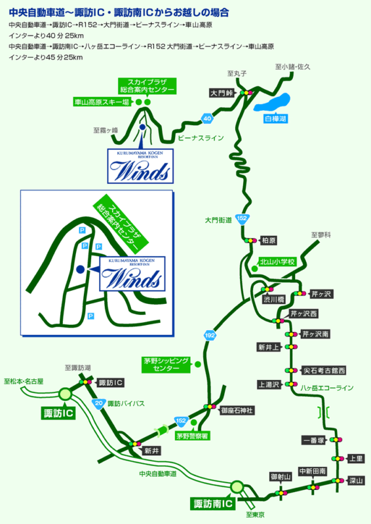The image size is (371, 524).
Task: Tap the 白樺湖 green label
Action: (x=275, y=119)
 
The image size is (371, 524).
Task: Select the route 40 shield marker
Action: (x=207, y=119)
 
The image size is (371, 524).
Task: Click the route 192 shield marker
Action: (x=210, y=335)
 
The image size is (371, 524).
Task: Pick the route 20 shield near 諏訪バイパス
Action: (x=98, y=403)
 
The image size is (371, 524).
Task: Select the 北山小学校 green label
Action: (x=275, y=261)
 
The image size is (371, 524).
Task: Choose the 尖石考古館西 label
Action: (x=323, y=370)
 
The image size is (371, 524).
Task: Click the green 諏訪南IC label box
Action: (x=214, y=504)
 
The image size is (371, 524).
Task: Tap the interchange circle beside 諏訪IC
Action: (x=66, y=394)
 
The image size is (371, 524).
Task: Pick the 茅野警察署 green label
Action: (x=192, y=434)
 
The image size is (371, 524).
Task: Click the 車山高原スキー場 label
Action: (x=101, y=102)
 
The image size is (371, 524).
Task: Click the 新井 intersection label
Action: (x=152, y=451)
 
